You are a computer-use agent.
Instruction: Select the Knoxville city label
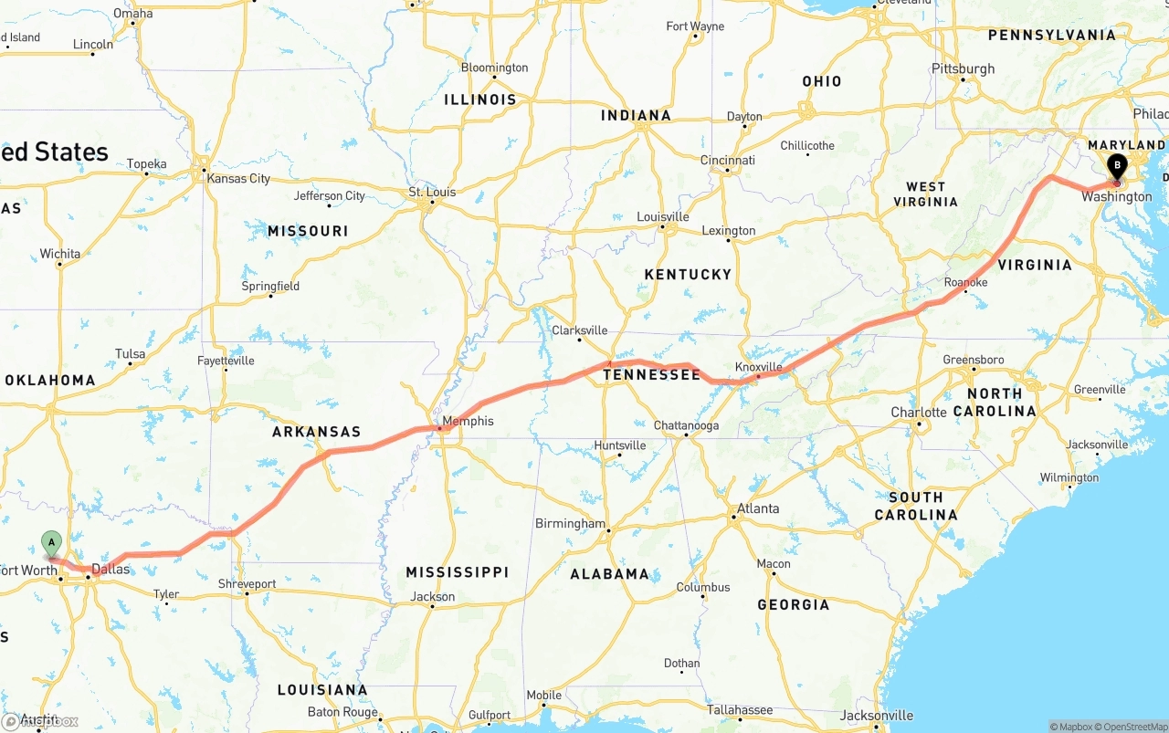coord(759,367)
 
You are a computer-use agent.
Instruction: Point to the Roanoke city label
coord(965,282)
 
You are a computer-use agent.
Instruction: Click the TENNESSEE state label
coord(651,375)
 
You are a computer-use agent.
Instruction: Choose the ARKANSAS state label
coord(317,432)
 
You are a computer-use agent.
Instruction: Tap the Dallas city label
coord(111,569)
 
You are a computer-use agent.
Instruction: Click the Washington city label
coord(1116,197)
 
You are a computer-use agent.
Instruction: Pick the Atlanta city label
coord(758,508)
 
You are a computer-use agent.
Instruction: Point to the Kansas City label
coord(238,178)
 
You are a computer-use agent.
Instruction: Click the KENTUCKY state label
coord(688,274)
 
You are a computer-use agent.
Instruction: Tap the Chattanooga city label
coord(686,425)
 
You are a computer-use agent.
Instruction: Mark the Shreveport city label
coord(247,583)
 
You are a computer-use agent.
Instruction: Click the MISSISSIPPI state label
coord(457,572)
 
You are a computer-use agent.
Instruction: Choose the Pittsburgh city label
coord(963,68)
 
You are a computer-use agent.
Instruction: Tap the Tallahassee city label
coord(740,709)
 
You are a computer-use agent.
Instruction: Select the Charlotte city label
coord(919,413)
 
